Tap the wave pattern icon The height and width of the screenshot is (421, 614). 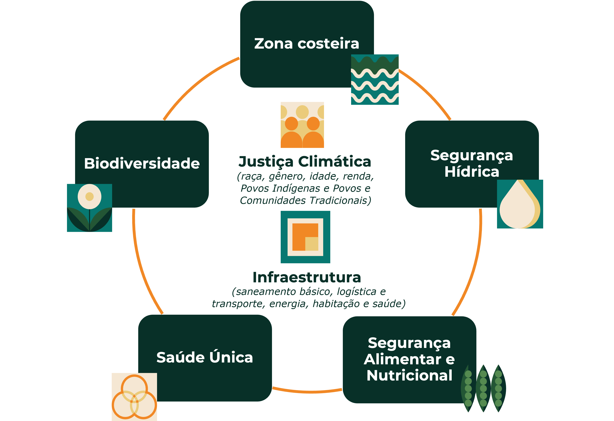point(375,80)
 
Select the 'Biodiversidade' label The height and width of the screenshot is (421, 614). point(142,163)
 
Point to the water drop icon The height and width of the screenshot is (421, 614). point(520,204)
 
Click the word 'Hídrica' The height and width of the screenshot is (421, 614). point(472,172)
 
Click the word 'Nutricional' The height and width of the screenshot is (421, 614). point(409,375)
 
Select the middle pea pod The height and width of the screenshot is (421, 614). point(483,388)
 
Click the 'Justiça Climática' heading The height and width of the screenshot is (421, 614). point(305,162)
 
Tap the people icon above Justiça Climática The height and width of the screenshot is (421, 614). point(302,125)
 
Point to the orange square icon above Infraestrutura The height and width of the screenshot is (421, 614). point(305,237)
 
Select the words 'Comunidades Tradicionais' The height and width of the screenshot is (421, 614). point(305,201)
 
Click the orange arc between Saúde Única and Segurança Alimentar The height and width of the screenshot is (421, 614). point(307,391)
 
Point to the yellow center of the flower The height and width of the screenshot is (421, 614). point(90,197)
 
